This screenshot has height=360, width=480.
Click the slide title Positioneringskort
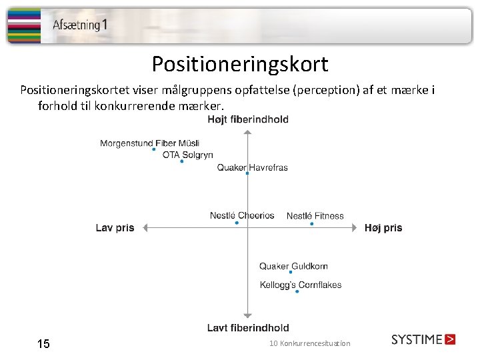tap(240, 64)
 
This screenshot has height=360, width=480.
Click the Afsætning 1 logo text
tap(80, 25)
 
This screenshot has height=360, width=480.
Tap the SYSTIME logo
tap(423, 339)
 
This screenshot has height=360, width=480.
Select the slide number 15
tap(43, 344)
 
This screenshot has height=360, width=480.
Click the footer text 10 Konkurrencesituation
tap(309, 343)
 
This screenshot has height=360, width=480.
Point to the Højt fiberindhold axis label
tap(248, 120)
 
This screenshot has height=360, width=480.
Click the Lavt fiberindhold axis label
tap(248, 327)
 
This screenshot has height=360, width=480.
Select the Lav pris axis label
tap(115, 228)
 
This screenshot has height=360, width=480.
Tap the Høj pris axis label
tap(383, 228)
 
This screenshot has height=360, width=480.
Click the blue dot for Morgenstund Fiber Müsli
tap(154, 149)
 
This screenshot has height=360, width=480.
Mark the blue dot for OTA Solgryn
tap(181, 161)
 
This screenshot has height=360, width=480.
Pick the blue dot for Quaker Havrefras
tap(247, 173)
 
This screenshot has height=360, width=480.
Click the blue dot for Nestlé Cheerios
tap(237, 223)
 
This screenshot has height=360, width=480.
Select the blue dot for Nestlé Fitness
tap(311, 223)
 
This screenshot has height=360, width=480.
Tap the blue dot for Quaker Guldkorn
tap(291, 272)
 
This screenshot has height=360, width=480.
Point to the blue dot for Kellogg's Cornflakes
tap(297, 291)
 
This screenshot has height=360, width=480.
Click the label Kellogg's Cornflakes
tap(300, 285)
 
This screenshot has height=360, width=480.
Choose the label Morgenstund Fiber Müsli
tap(150, 143)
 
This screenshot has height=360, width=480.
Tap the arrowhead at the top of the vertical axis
tap(247, 133)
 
